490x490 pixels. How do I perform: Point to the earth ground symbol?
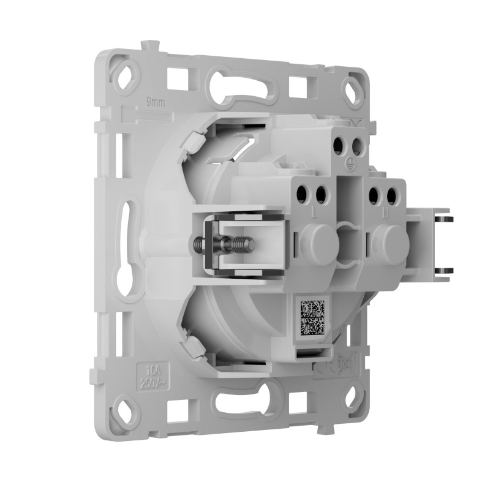click(x=349, y=163)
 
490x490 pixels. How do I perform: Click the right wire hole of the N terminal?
click(x=390, y=195)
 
